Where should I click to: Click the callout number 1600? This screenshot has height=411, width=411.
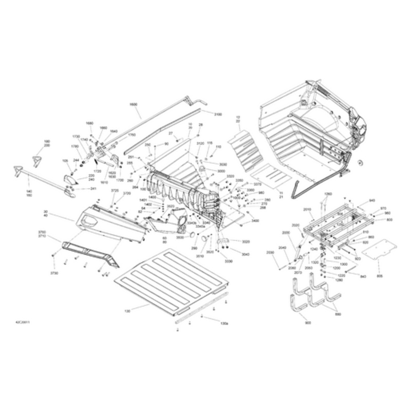[134, 104]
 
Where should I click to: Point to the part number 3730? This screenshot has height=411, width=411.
[54, 273]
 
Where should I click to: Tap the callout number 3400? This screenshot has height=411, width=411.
[255, 220]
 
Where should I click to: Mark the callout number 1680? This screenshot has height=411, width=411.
[89, 123]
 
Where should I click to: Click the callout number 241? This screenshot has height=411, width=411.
[93, 189]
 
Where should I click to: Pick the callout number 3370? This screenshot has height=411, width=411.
[258, 184]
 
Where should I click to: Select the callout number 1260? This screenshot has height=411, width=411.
[328, 193]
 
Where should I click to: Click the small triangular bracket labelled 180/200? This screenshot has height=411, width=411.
[37, 160]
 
